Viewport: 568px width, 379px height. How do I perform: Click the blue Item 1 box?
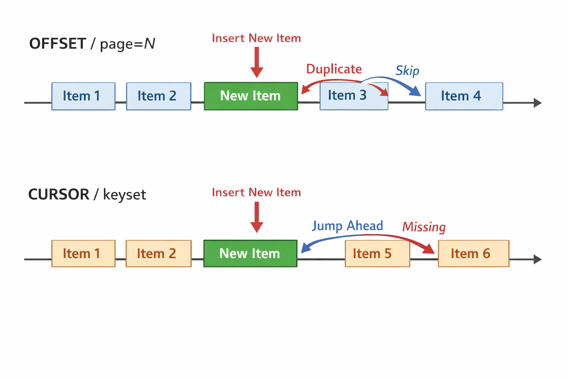coord(83,96)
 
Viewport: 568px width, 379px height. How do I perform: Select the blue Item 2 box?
coord(159,96)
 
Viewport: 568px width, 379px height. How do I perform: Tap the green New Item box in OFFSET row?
coord(251,96)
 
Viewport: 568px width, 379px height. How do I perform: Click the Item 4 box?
coord(464,96)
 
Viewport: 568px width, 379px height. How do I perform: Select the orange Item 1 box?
coord(83,254)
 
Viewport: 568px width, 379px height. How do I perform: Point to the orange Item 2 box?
coord(159,254)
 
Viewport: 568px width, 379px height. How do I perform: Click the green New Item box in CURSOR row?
coord(250,254)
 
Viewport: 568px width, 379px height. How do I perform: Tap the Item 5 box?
coord(377,254)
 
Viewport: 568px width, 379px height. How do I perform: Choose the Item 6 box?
coord(473,254)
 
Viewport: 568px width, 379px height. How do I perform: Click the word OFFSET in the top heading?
coord(58,44)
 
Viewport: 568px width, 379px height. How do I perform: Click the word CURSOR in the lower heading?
coord(59,195)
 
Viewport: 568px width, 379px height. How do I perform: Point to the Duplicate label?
coord(334,69)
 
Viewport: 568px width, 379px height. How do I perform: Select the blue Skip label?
coord(407,70)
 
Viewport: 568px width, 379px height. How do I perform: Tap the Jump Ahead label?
coord(348,226)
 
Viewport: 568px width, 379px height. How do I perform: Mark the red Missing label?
coord(424,227)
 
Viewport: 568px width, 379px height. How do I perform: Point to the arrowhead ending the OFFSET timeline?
coord(538,103)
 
